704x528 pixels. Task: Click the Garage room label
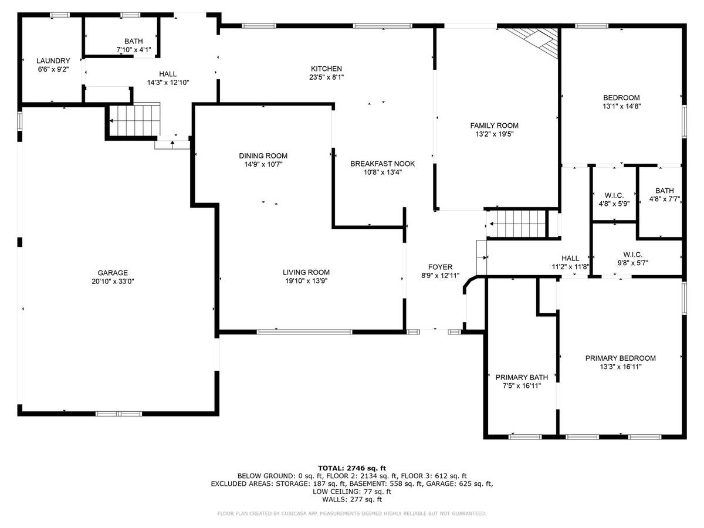click(113, 273)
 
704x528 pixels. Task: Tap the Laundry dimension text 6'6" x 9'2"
click(53, 69)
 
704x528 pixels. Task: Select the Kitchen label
click(327, 69)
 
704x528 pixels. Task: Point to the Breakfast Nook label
click(383, 164)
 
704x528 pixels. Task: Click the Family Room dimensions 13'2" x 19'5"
click(495, 134)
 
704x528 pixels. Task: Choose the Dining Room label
click(263, 156)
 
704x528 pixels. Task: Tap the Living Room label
click(306, 272)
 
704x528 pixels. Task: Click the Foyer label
click(441, 267)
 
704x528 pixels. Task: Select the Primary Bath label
click(522, 377)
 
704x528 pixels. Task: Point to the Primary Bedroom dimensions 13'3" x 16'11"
click(621, 367)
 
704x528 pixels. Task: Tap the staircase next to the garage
click(135, 120)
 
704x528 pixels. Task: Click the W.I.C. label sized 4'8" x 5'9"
click(614, 195)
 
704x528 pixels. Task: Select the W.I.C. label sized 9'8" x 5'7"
click(633, 255)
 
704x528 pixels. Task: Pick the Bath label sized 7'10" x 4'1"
click(134, 41)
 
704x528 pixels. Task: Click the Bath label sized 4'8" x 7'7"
click(665, 191)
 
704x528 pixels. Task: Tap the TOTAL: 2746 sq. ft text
click(352, 469)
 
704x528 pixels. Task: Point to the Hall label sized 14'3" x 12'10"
click(168, 74)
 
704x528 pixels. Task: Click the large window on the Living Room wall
click(304, 332)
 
